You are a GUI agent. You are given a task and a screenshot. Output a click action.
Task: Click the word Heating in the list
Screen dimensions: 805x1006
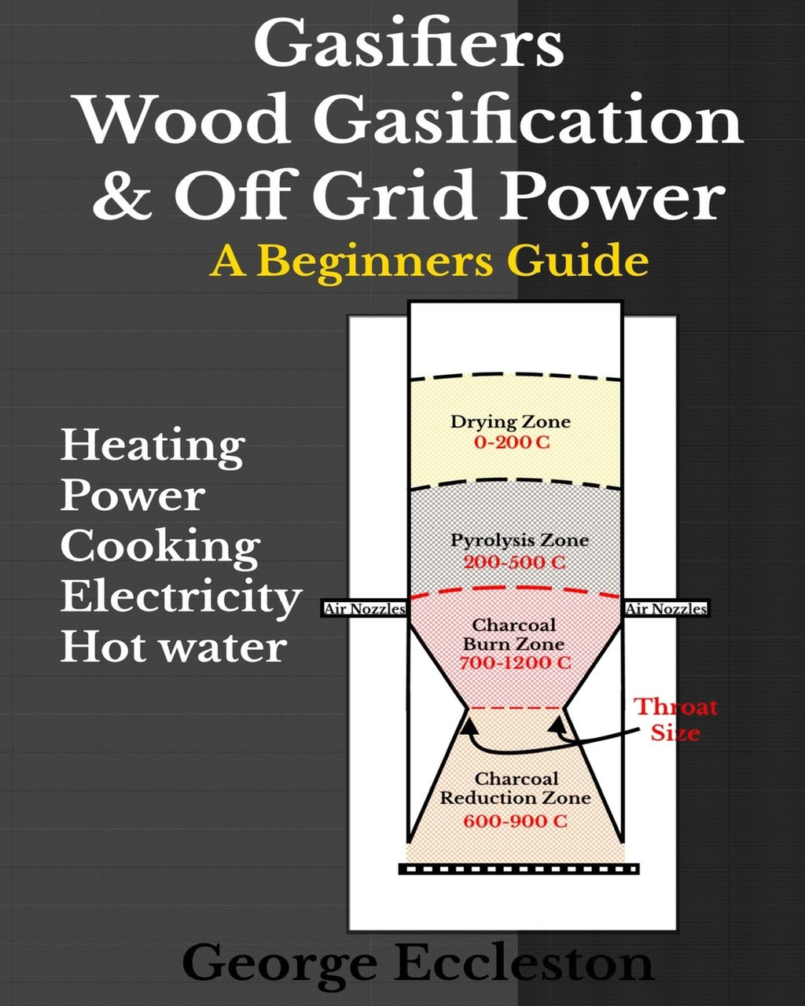153,446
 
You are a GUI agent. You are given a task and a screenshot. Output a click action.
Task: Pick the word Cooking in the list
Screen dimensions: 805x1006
160,547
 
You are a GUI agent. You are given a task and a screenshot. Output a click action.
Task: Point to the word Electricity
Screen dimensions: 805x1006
182,598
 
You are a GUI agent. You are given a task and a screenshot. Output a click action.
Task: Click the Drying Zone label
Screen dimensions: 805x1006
510,422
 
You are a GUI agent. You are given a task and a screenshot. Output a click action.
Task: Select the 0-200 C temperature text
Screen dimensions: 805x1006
512,442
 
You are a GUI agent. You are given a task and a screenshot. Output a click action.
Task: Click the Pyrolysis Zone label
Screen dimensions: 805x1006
519,541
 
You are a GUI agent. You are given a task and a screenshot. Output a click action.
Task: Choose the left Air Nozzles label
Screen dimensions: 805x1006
365,609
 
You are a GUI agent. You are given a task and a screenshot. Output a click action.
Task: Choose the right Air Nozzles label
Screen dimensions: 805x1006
666,609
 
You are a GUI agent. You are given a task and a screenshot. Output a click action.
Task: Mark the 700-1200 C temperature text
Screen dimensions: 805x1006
515,663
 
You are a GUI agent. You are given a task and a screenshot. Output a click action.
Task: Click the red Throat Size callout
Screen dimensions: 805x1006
675,719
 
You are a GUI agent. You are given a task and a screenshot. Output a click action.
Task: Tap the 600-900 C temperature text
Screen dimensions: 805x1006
515,821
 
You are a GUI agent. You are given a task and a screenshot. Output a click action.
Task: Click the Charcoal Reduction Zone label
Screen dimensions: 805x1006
516,788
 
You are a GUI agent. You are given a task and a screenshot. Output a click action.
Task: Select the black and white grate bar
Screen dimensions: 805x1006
519,869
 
